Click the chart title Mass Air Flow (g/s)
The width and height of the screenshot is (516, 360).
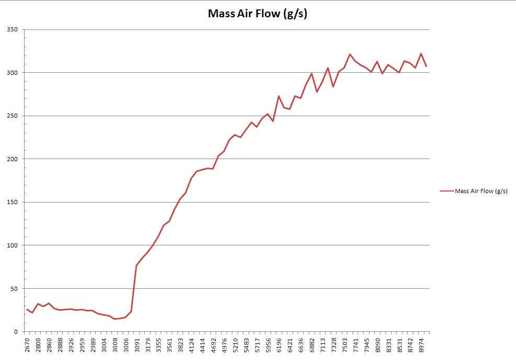[x=257, y=14]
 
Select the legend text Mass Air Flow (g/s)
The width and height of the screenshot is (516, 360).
[x=481, y=191]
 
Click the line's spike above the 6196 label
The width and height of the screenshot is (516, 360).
[x=279, y=96]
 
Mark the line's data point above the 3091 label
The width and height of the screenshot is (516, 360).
[x=137, y=265]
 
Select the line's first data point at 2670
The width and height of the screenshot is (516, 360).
[x=27, y=309]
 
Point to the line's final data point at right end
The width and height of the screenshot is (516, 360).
[x=427, y=66]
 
